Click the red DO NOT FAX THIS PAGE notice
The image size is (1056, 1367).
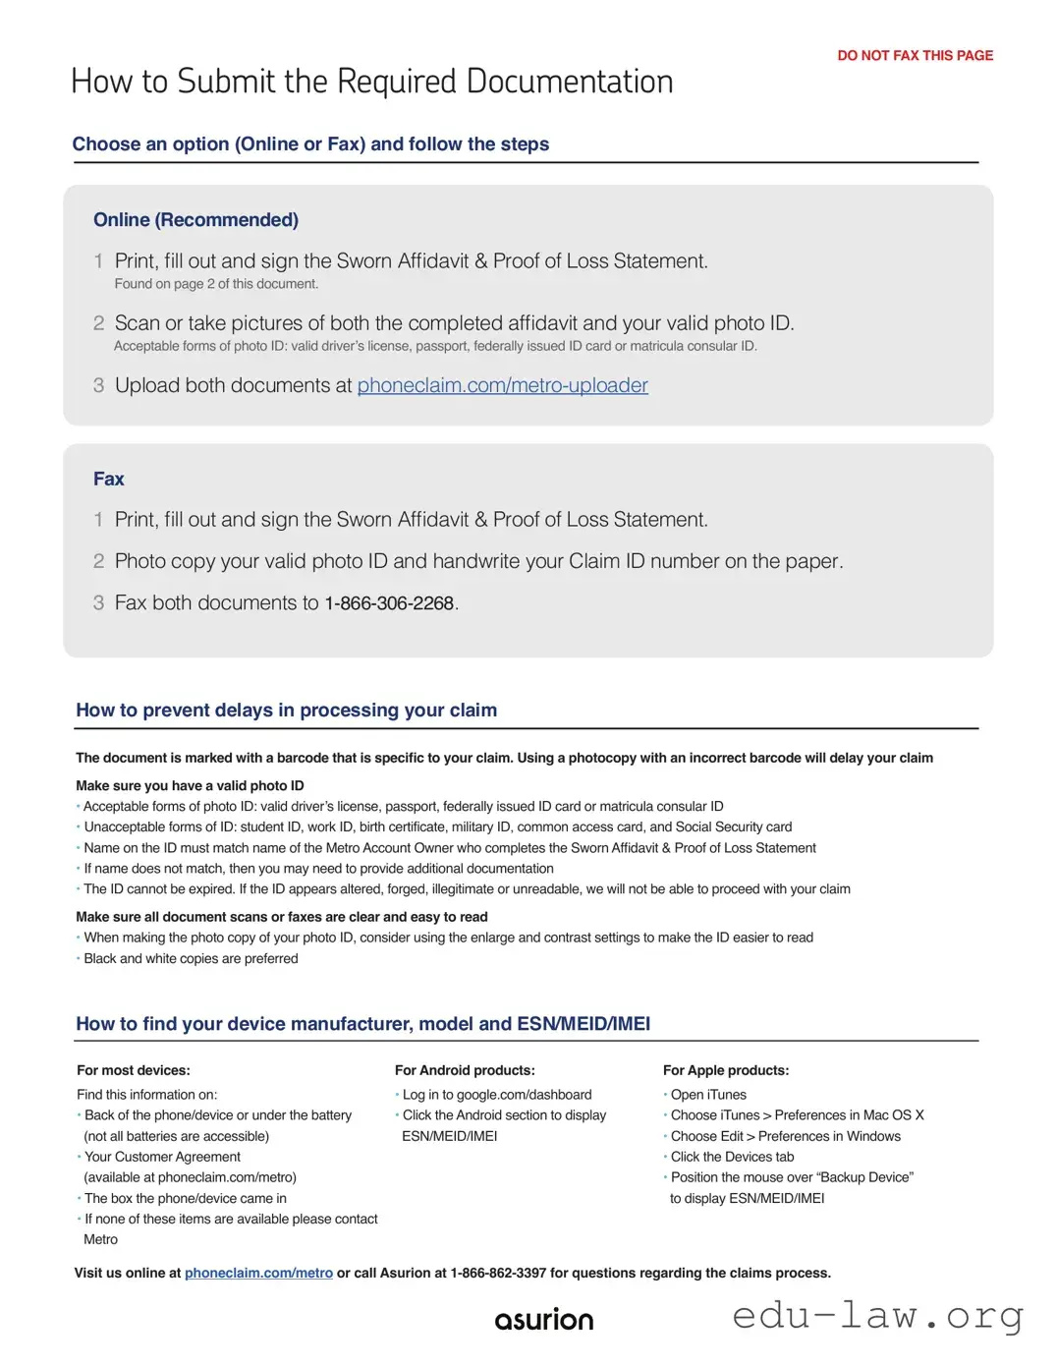point(915,56)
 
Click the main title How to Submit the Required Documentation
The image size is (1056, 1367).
point(371,82)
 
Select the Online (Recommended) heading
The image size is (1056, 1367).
point(195,220)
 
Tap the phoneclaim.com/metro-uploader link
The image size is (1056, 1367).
point(502,385)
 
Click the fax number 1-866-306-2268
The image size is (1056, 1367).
point(389,603)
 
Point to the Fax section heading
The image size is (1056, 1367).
point(109,480)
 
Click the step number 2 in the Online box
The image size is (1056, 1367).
point(98,323)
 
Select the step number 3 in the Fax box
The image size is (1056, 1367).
point(98,603)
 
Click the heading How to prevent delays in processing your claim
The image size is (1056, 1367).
point(286,711)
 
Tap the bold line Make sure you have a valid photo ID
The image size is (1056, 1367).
point(190,786)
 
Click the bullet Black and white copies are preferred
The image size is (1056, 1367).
point(191,959)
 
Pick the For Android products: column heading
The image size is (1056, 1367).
point(465,1070)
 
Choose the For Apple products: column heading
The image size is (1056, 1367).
point(726,1070)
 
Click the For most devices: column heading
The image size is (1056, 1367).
point(134,1070)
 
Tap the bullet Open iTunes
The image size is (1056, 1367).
point(708,1095)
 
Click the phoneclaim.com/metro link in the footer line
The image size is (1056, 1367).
point(258,1274)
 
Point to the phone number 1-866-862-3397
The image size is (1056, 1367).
point(498,1274)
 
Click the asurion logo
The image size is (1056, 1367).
point(544,1320)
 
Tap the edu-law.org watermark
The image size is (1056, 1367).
point(877,1315)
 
